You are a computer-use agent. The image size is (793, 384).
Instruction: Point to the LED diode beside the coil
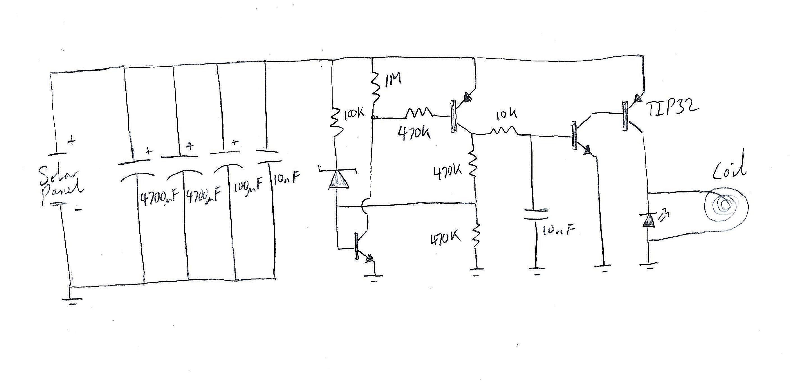[x=649, y=220]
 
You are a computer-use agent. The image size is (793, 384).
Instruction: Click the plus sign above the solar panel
[x=72, y=142]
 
